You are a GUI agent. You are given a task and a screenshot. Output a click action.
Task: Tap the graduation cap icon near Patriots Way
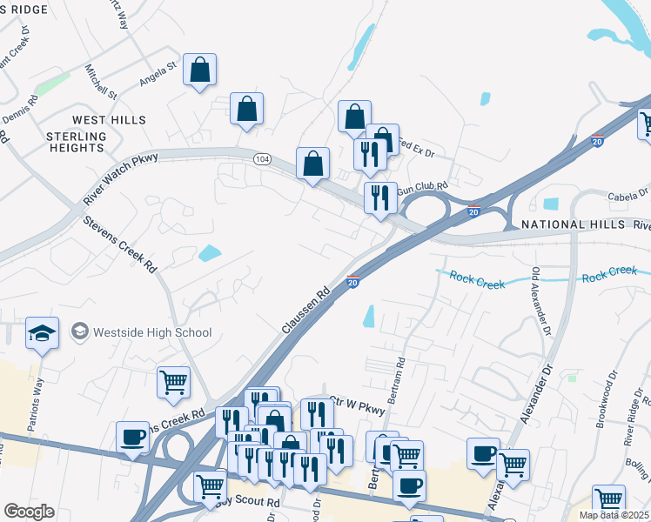[x=42, y=333]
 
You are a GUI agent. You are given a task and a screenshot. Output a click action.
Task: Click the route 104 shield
[x=263, y=159]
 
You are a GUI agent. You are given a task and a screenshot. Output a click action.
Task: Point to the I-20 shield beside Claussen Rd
[x=353, y=281]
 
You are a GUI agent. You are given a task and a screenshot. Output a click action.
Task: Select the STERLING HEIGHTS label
[x=76, y=143]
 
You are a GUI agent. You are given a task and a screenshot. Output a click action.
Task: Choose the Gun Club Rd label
[x=422, y=186]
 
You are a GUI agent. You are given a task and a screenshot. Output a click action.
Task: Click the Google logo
[x=29, y=512]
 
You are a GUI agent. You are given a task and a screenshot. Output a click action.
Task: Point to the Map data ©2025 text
[x=614, y=515]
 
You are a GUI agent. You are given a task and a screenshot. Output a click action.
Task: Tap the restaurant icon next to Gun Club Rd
[x=380, y=197]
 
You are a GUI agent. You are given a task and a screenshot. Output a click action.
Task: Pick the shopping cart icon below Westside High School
[x=173, y=381]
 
